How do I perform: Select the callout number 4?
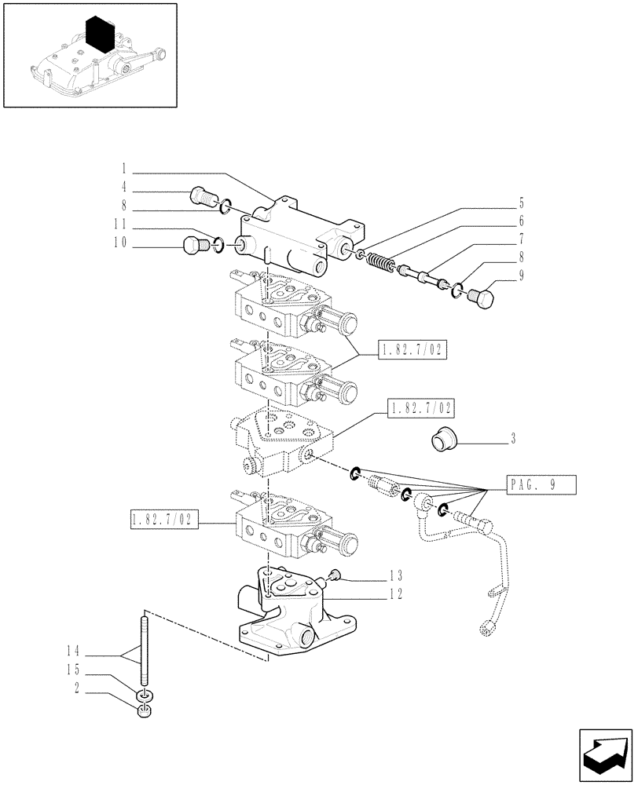(124, 188)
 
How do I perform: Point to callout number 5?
(521, 203)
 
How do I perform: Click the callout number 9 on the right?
(521, 276)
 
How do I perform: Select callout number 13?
(400, 576)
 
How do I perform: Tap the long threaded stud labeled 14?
(145, 652)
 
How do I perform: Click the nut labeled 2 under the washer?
(144, 713)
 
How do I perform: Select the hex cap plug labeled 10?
(191, 247)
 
